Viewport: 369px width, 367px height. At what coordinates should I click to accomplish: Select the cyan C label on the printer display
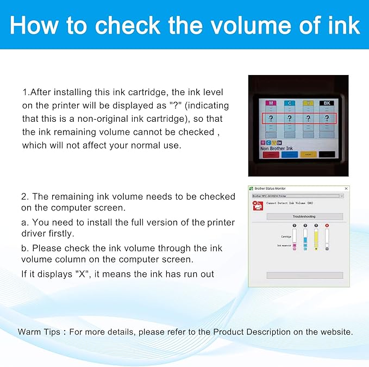pyautogui.click(x=290, y=102)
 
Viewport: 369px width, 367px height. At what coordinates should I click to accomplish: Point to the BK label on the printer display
pyautogui.click(x=327, y=102)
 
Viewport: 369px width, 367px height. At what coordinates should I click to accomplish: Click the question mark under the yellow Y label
pyautogui.click(x=308, y=118)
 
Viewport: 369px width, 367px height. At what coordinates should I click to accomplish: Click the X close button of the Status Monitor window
pyautogui.click(x=346, y=189)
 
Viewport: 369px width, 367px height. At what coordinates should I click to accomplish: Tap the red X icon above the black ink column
pyautogui.click(x=327, y=225)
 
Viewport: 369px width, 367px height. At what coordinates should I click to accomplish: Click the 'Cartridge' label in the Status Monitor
pyautogui.click(x=285, y=237)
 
